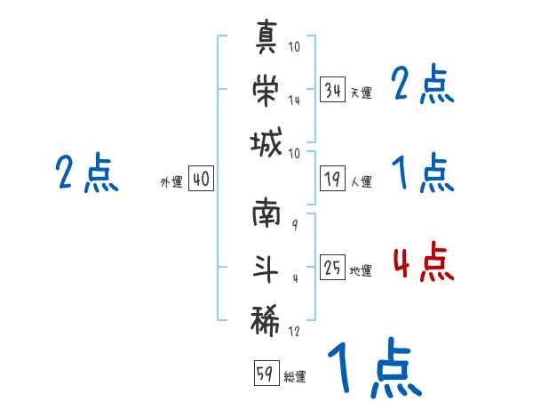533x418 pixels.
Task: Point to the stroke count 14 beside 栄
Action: click(295, 100)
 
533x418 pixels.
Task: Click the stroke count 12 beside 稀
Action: click(295, 331)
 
